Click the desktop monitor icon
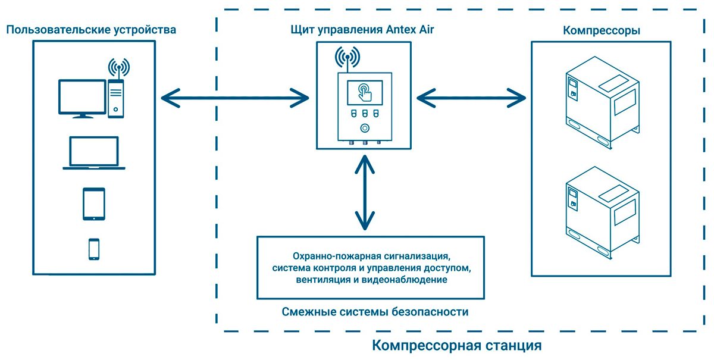[82, 98]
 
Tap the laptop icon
[94, 154]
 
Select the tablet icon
[94, 204]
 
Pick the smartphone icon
[94, 249]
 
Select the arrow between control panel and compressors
[470, 97]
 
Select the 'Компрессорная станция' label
[457, 345]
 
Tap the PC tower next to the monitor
[117, 98]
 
